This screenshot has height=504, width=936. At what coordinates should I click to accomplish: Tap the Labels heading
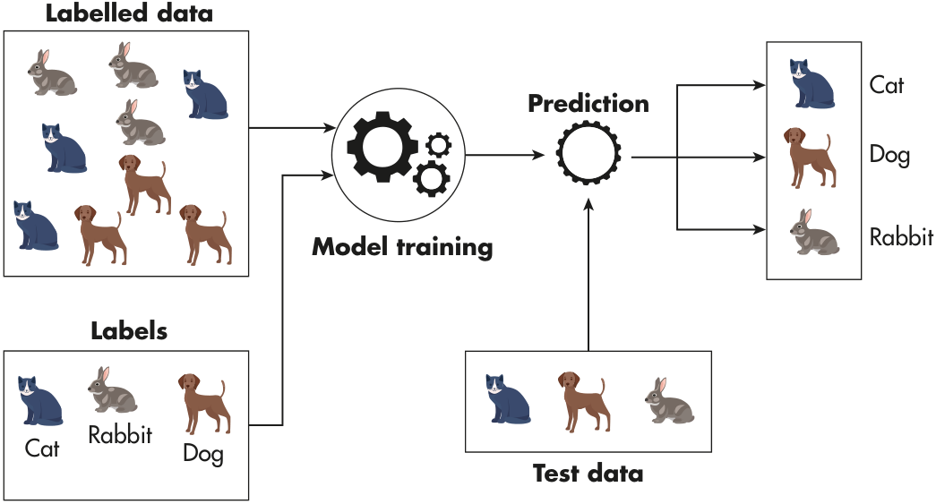click(129, 331)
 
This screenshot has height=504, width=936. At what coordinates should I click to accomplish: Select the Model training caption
click(402, 246)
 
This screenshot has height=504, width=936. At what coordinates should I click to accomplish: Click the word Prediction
click(588, 104)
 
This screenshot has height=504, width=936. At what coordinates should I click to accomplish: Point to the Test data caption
click(588, 474)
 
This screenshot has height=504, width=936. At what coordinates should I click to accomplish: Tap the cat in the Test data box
click(506, 398)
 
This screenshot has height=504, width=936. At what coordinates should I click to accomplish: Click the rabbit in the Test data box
click(669, 401)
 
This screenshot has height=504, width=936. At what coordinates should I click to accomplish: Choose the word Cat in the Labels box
click(42, 448)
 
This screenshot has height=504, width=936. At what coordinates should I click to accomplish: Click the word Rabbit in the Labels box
click(120, 436)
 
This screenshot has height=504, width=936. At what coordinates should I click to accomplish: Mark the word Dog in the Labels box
click(202, 453)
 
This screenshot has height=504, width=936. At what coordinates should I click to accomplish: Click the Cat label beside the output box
click(887, 85)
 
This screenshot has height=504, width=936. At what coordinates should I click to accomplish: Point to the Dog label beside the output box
click(889, 155)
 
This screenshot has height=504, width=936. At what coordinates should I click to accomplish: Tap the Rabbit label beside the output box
click(901, 238)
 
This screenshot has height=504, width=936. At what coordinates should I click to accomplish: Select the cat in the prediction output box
click(811, 83)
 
